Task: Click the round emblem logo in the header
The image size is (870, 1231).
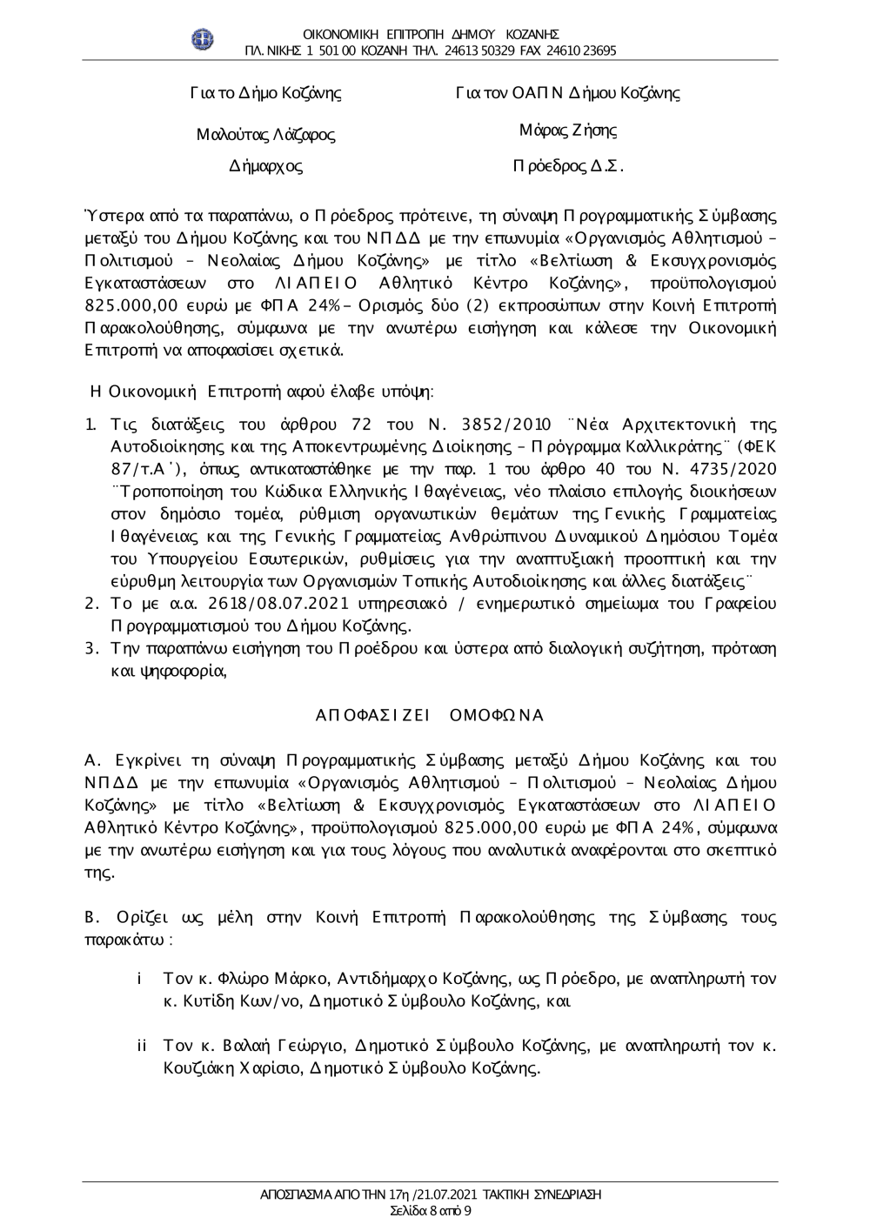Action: pos(203,40)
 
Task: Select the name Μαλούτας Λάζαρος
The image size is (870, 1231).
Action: pos(265,135)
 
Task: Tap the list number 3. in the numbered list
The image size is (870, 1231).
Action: pos(90,648)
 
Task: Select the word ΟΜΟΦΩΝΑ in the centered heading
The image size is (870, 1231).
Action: pos(494,715)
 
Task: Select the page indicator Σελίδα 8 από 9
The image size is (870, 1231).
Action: pos(432,1210)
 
